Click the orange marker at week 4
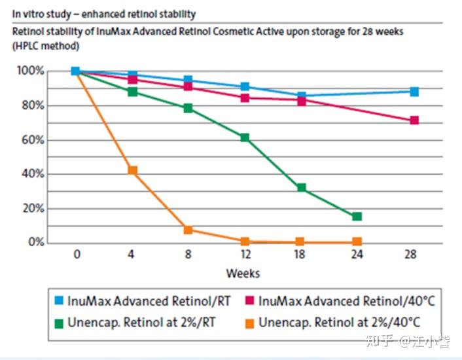pyautogui.click(x=133, y=170)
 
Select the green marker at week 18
pyautogui.click(x=302, y=188)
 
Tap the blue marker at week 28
pyautogui.click(x=414, y=92)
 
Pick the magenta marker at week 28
pyautogui.click(x=414, y=120)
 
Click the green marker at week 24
pyautogui.click(x=357, y=217)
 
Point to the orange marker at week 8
pyautogui.click(x=188, y=230)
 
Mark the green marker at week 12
pyautogui.click(x=245, y=137)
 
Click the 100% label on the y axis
pyautogui.click(x=31, y=71)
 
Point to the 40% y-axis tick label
pyautogui.click(x=33, y=174)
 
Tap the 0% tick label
pyautogui.click(x=36, y=242)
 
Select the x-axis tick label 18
pyautogui.click(x=300, y=254)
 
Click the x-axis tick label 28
pyautogui.click(x=411, y=254)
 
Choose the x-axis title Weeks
pyautogui.click(x=243, y=274)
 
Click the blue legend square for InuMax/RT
pyautogui.click(x=59, y=300)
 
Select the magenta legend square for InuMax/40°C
pyautogui.click(x=249, y=300)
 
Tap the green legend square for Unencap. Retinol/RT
pyautogui.click(x=59, y=323)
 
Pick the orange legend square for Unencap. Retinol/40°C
pyautogui.click(x=249, y=323)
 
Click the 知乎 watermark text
pyautogui.click(x=380, y=341)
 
